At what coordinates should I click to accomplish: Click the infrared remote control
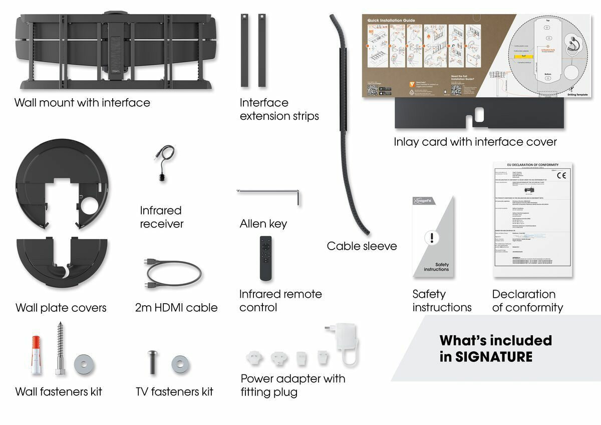pos(266,258)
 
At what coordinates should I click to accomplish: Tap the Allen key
pos(268,191)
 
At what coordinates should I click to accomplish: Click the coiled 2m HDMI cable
pos(173,274)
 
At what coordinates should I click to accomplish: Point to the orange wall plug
pos(36,355)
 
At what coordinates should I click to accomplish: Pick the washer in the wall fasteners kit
pos(83,364)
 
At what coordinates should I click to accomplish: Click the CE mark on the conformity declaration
pos(561,176)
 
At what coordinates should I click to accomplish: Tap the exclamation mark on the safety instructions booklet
pos(431,238)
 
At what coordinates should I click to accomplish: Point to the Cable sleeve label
pos(362,246)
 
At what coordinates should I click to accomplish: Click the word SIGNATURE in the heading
pos(486,357)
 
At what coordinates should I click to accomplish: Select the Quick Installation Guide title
pos(391,21)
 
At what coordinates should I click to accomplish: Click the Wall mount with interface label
pos(82,103)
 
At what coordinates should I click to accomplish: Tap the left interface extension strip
pos(244,50)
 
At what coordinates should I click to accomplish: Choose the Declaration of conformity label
pos(527,301)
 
